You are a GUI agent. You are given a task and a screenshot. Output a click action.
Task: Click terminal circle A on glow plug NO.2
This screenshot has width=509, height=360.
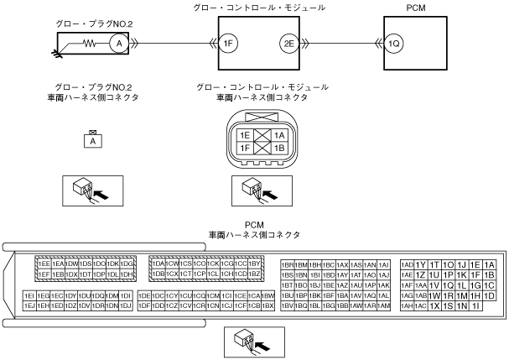(119, 43)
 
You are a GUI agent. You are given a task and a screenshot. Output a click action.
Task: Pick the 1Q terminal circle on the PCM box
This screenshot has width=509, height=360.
(394, 43)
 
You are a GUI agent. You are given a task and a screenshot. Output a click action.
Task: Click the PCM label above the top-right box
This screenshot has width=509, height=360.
(415, 7)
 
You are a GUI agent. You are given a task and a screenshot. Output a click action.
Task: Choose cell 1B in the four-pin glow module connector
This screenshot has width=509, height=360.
(279, 149)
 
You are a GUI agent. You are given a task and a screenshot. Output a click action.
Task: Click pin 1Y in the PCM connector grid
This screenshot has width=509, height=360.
(421, 263)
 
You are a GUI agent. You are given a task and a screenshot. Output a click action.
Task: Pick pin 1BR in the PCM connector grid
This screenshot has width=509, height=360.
(288, 263)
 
